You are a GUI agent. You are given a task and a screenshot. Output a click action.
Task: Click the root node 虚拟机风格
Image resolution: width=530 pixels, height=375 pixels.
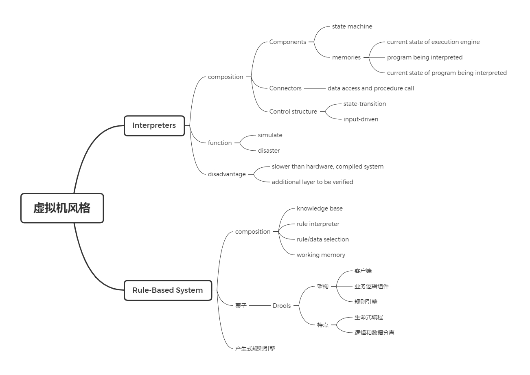click(62, 208)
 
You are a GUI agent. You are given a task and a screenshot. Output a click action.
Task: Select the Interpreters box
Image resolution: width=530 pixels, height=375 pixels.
click(154, 125)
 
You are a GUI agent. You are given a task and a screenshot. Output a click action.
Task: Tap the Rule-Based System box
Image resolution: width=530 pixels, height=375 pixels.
click(168, 290)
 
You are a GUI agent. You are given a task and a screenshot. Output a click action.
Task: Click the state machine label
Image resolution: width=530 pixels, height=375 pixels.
click(352, 26)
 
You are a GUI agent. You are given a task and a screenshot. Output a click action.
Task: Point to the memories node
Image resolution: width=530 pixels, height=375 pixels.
click(346, 57)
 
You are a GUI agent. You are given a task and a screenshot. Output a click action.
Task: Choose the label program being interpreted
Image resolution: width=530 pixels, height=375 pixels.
click(425, 57)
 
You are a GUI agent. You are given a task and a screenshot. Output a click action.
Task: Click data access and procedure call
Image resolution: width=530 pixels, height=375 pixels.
click(370, 88)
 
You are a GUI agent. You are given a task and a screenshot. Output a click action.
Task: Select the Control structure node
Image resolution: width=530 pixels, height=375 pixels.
click(293, 112)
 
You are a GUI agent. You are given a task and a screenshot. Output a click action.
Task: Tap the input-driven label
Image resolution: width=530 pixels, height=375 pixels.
click(361, 119)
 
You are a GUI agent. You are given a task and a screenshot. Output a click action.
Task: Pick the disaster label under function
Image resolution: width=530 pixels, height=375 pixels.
click(269, 151)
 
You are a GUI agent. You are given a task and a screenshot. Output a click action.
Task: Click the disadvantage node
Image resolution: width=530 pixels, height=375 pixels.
click(227, 174)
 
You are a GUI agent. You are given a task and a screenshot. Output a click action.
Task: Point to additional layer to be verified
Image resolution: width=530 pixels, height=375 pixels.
click(312, 182)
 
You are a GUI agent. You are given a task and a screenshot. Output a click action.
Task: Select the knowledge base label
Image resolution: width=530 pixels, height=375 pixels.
click(320, 208)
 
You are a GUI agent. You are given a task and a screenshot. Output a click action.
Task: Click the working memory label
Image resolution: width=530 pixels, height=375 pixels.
click(321, 255)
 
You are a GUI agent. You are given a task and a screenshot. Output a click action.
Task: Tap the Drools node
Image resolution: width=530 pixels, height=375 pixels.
click(282, 306)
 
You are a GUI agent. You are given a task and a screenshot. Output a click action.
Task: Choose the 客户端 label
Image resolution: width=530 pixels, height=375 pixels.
click(363, 271)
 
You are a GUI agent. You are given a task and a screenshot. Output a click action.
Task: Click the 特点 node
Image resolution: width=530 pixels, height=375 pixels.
click(323, 325)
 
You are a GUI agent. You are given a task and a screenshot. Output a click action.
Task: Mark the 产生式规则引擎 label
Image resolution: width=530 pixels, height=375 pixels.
click(255, 349)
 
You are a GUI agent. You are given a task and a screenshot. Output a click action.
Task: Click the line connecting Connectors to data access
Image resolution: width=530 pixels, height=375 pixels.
click(315, 88)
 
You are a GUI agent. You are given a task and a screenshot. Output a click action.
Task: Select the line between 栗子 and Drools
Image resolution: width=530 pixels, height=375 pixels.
click(260, 306)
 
